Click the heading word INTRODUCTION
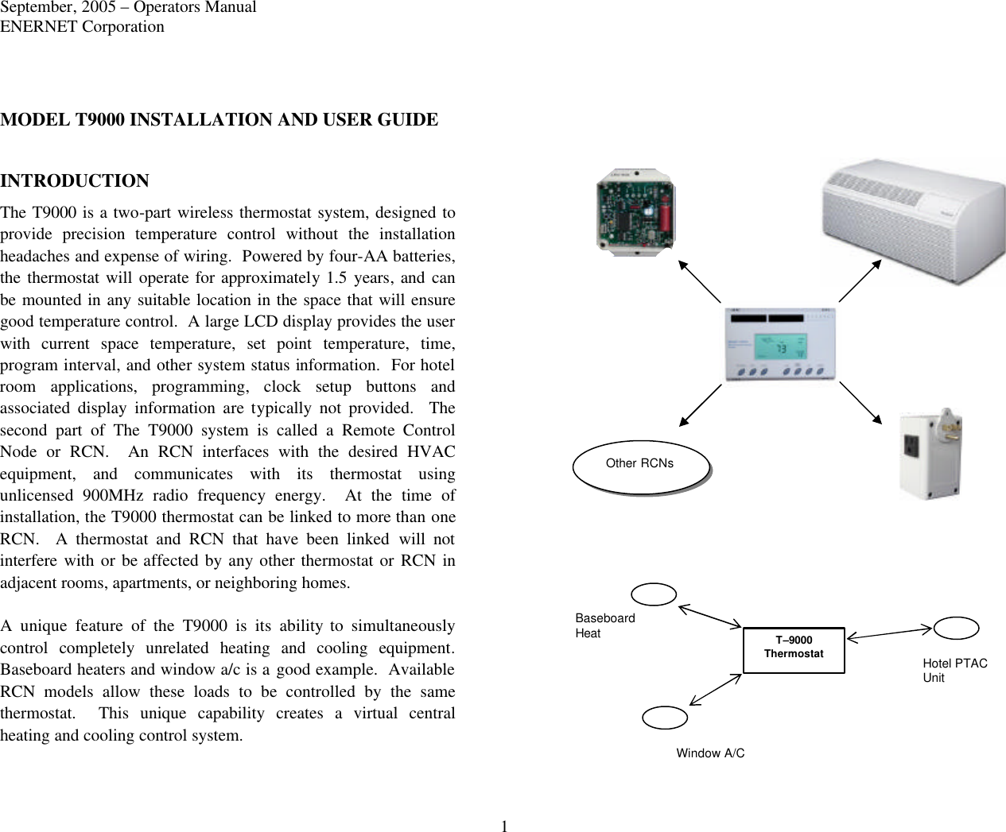coord(75,181)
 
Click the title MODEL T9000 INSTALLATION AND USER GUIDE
coord(219,120)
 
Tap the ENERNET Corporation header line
coord(82,26)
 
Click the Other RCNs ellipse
coord(640,466)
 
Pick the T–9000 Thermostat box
coord(793,648)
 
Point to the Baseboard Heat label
coord(604,625)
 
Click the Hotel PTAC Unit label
coord(954,670)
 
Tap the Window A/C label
coord(710,753)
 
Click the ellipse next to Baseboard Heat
coord(654,594)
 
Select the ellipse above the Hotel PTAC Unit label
coord(956,628)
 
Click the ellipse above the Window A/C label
coord(665,718)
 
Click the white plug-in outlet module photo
coord(929,455)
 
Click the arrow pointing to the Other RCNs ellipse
coord(701,404)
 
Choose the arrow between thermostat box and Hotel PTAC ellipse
coord(889,632)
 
